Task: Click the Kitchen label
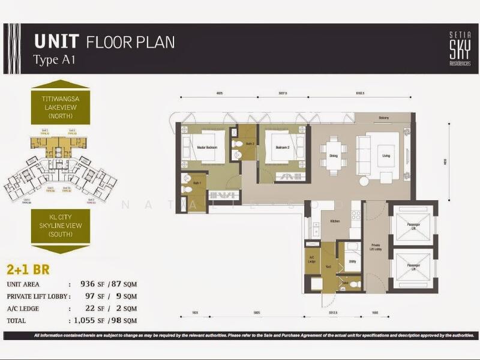click(335, 221)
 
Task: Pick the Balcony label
click(384, 118)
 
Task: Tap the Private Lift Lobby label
click(376, 247)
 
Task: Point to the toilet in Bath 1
click(187, 189)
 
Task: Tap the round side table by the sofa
click(364, 181)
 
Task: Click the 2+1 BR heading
click(28, 270)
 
